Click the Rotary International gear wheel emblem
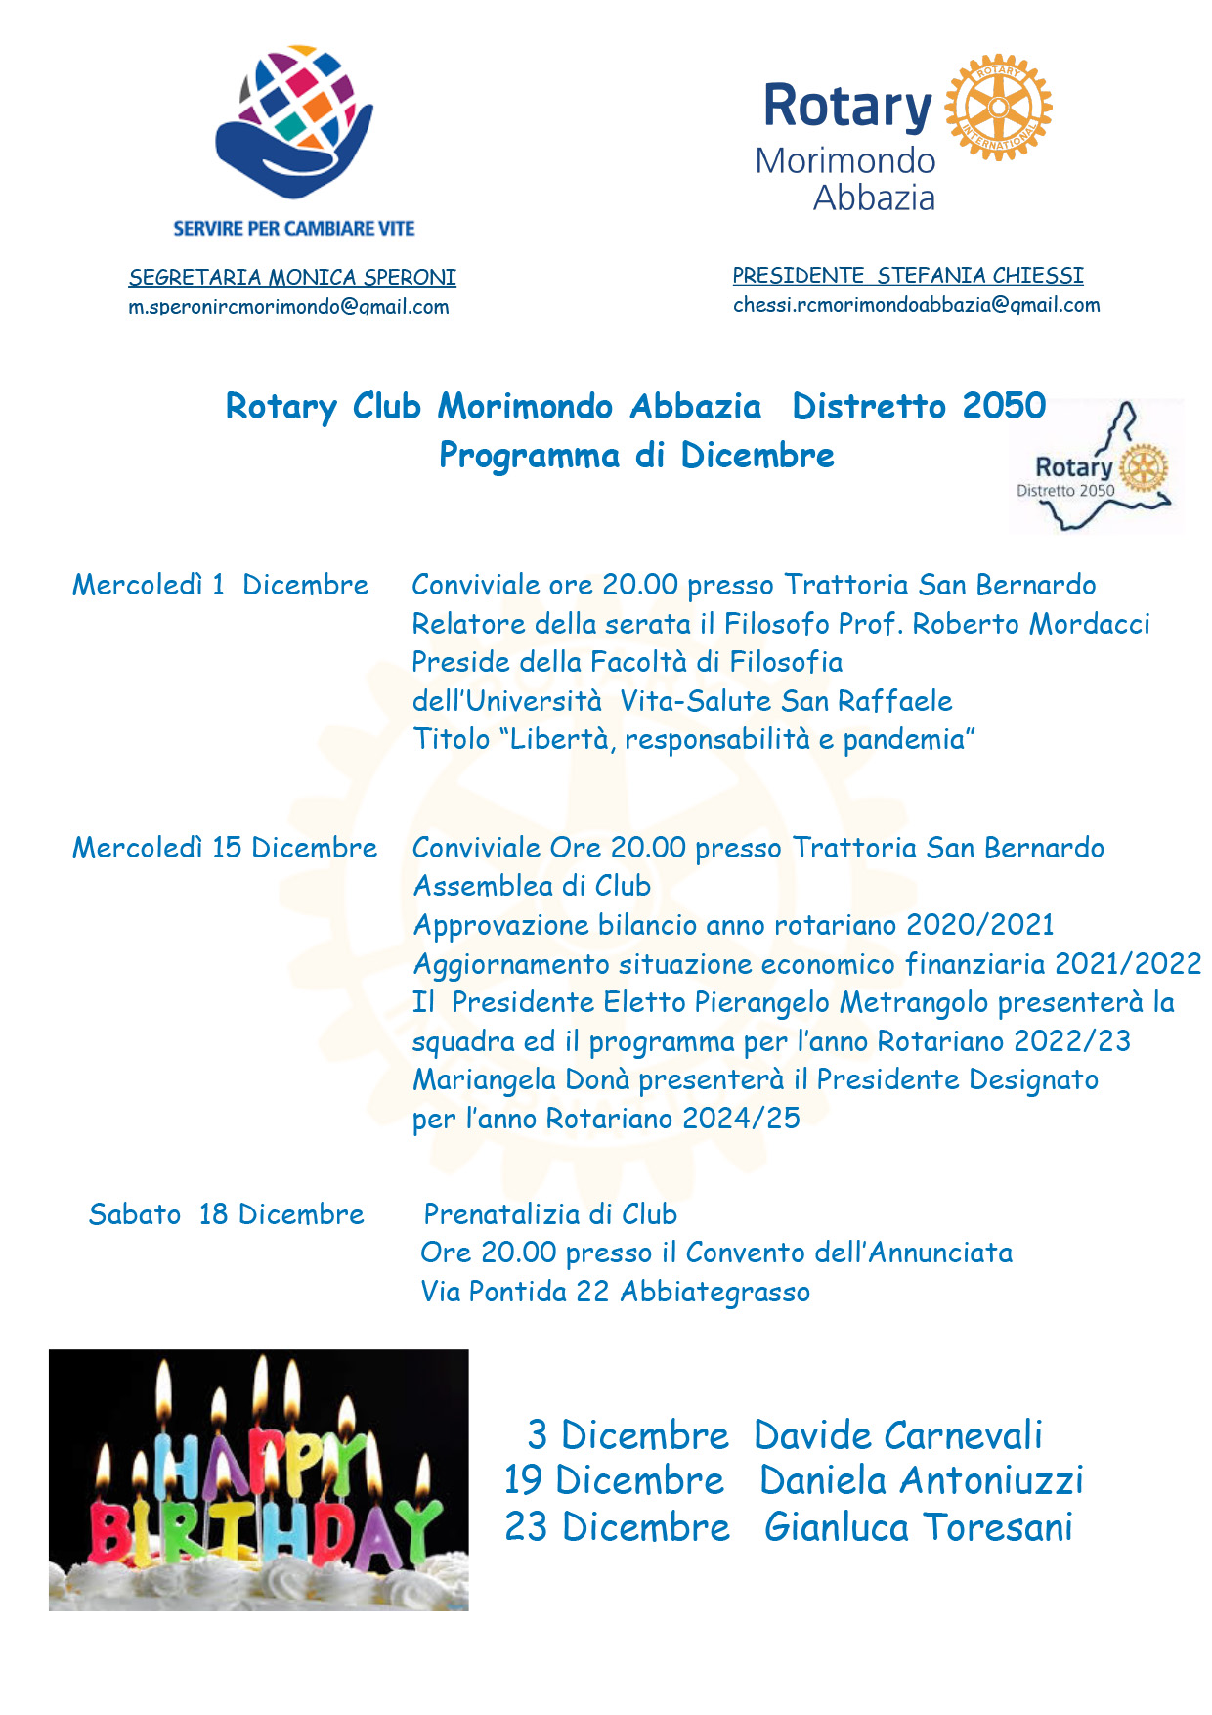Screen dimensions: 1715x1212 998,107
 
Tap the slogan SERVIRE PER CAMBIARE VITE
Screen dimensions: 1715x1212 294,229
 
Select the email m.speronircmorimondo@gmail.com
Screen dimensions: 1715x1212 288,307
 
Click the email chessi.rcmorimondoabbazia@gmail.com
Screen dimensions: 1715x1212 916,305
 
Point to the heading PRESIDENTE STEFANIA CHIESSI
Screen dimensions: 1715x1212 908,276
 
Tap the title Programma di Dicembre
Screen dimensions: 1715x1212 636,456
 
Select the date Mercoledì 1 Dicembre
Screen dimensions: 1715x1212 220,585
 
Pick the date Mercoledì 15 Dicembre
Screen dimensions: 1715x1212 225,848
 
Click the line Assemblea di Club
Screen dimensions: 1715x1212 532,886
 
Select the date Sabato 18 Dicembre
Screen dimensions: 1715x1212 226,1214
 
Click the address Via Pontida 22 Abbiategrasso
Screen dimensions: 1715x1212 615,1292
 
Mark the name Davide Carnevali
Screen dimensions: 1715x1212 898,1435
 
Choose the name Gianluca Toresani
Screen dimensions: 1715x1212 919,1527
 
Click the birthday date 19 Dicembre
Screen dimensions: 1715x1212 614,1480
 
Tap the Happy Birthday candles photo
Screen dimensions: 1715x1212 259,1479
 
